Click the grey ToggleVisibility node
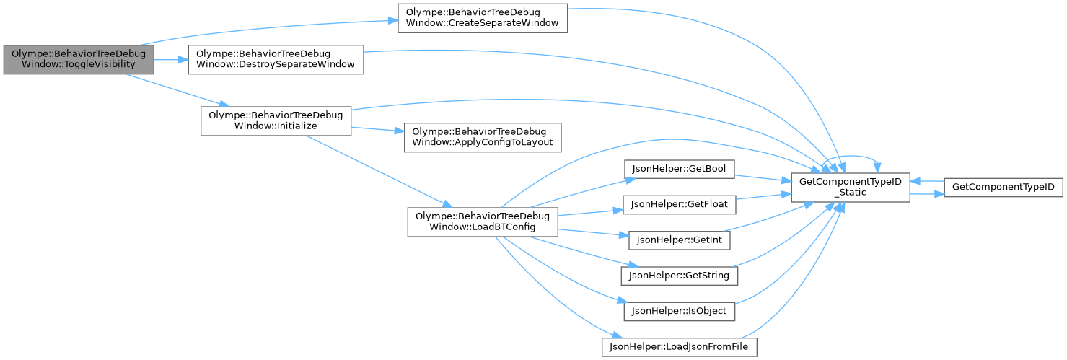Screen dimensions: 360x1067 point(78,60)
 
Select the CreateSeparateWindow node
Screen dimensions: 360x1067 point(483,18)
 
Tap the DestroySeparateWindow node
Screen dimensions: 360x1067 point(275,60)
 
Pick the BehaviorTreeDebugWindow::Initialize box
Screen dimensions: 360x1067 point(275,120)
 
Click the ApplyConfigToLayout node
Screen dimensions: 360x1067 point(483,137)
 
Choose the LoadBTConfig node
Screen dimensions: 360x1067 point(483,222)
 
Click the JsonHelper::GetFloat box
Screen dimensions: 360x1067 point(679,205)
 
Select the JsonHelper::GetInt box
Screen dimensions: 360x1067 point(679,240)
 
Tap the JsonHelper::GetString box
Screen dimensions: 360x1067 point(679,275)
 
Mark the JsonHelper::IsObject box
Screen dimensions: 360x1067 point(679,311)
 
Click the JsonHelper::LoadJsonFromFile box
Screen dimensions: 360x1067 point(679,347)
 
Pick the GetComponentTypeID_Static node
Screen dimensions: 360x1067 point(851,187)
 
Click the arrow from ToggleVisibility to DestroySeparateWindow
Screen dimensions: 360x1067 point(171,60)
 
